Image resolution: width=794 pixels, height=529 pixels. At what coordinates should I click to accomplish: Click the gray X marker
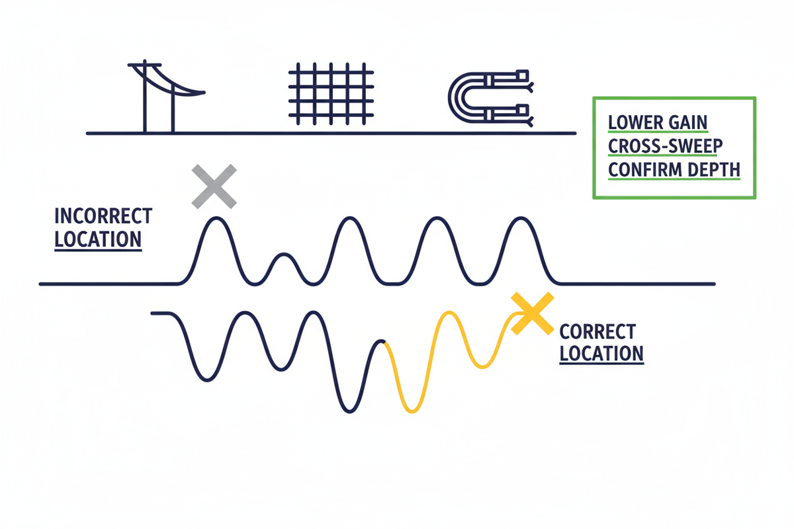click(213, 187)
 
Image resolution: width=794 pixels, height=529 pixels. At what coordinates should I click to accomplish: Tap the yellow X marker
click(532, 313)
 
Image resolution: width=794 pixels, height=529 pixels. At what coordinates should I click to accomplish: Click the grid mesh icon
click(332, 94)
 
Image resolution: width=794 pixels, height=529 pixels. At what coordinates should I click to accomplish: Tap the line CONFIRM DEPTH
click(674, 170)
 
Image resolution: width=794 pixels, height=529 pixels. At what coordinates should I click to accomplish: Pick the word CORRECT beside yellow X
click(597, 331)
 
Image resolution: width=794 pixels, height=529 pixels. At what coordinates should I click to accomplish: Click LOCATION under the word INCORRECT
click(98, 239)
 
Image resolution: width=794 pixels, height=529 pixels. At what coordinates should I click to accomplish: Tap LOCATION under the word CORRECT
click(601, 353)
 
